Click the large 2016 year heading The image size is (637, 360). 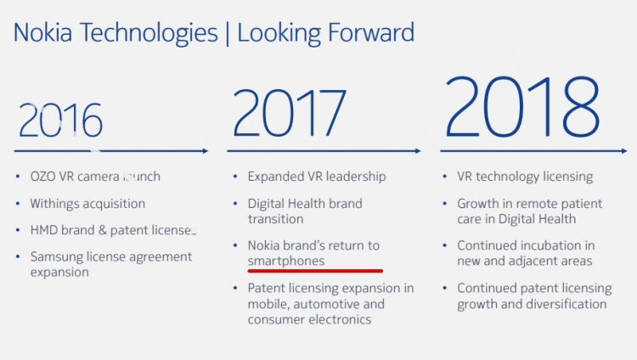(x=60, y=120)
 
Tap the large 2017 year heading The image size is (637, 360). (x=290, y=113)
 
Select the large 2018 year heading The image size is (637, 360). (x=523, y=106)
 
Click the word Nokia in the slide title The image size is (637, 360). (x=43, y=32)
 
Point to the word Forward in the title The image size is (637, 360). (x=370, y=32)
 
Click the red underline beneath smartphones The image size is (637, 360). (x=315, y=271)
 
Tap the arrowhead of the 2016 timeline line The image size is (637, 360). (x=206, y=151)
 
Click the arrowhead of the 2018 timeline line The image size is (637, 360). (x=624, y=151)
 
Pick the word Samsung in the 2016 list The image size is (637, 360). (x=56, y=256)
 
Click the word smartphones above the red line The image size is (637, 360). (x=286, y=261)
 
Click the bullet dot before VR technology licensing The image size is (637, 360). (x=445, y=177)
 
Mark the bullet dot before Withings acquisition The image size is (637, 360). (x=18, y=204)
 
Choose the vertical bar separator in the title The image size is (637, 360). (x=228, y=34)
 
